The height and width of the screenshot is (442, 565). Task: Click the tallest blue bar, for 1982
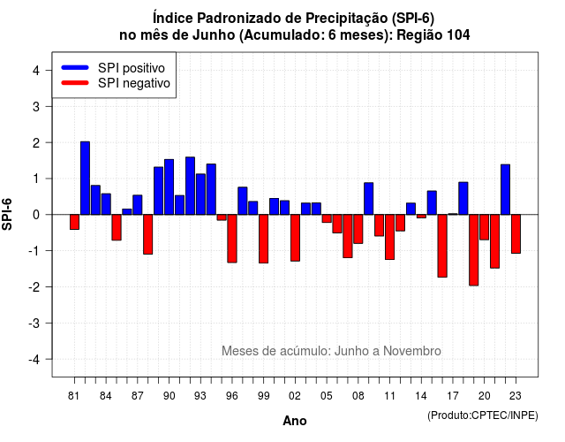[85, 179]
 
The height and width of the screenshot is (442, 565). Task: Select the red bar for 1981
[74, 222]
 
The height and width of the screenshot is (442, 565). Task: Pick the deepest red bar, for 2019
[474, 250]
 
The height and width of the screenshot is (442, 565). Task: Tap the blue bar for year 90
[169, 187]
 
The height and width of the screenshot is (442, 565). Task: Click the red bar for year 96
[232, 239]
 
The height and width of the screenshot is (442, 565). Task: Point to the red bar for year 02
[295, 238]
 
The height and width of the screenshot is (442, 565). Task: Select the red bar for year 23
[516, 233]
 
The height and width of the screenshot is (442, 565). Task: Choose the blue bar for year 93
[200, 194]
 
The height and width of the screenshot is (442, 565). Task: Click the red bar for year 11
[390, 237]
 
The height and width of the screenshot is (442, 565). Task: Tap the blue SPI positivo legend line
[75, 67]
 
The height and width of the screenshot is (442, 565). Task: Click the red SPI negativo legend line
[75, 83]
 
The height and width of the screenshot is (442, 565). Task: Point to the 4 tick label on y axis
[36, 71]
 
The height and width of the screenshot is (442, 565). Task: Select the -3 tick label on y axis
[34, 323]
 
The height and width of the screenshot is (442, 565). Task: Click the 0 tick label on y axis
[36, 215]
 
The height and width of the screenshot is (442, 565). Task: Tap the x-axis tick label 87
[138, 396]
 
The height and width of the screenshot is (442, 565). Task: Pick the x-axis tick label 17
[453, 396]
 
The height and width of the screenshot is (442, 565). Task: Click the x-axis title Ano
[295, 421]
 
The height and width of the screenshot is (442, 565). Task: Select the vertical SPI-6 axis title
[7, 214]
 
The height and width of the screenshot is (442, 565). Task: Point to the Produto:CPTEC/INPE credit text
[483, 415]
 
